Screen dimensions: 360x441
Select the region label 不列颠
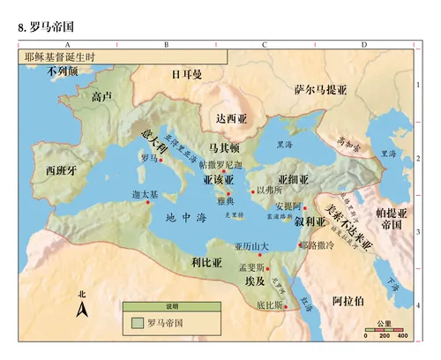(x=64, y=71)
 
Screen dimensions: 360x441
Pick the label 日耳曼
(x=187, y=75)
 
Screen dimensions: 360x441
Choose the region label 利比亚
(x=205, y=262)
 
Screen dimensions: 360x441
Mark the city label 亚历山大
(x=250, y=245)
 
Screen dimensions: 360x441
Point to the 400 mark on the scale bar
(x=402, y=336)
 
